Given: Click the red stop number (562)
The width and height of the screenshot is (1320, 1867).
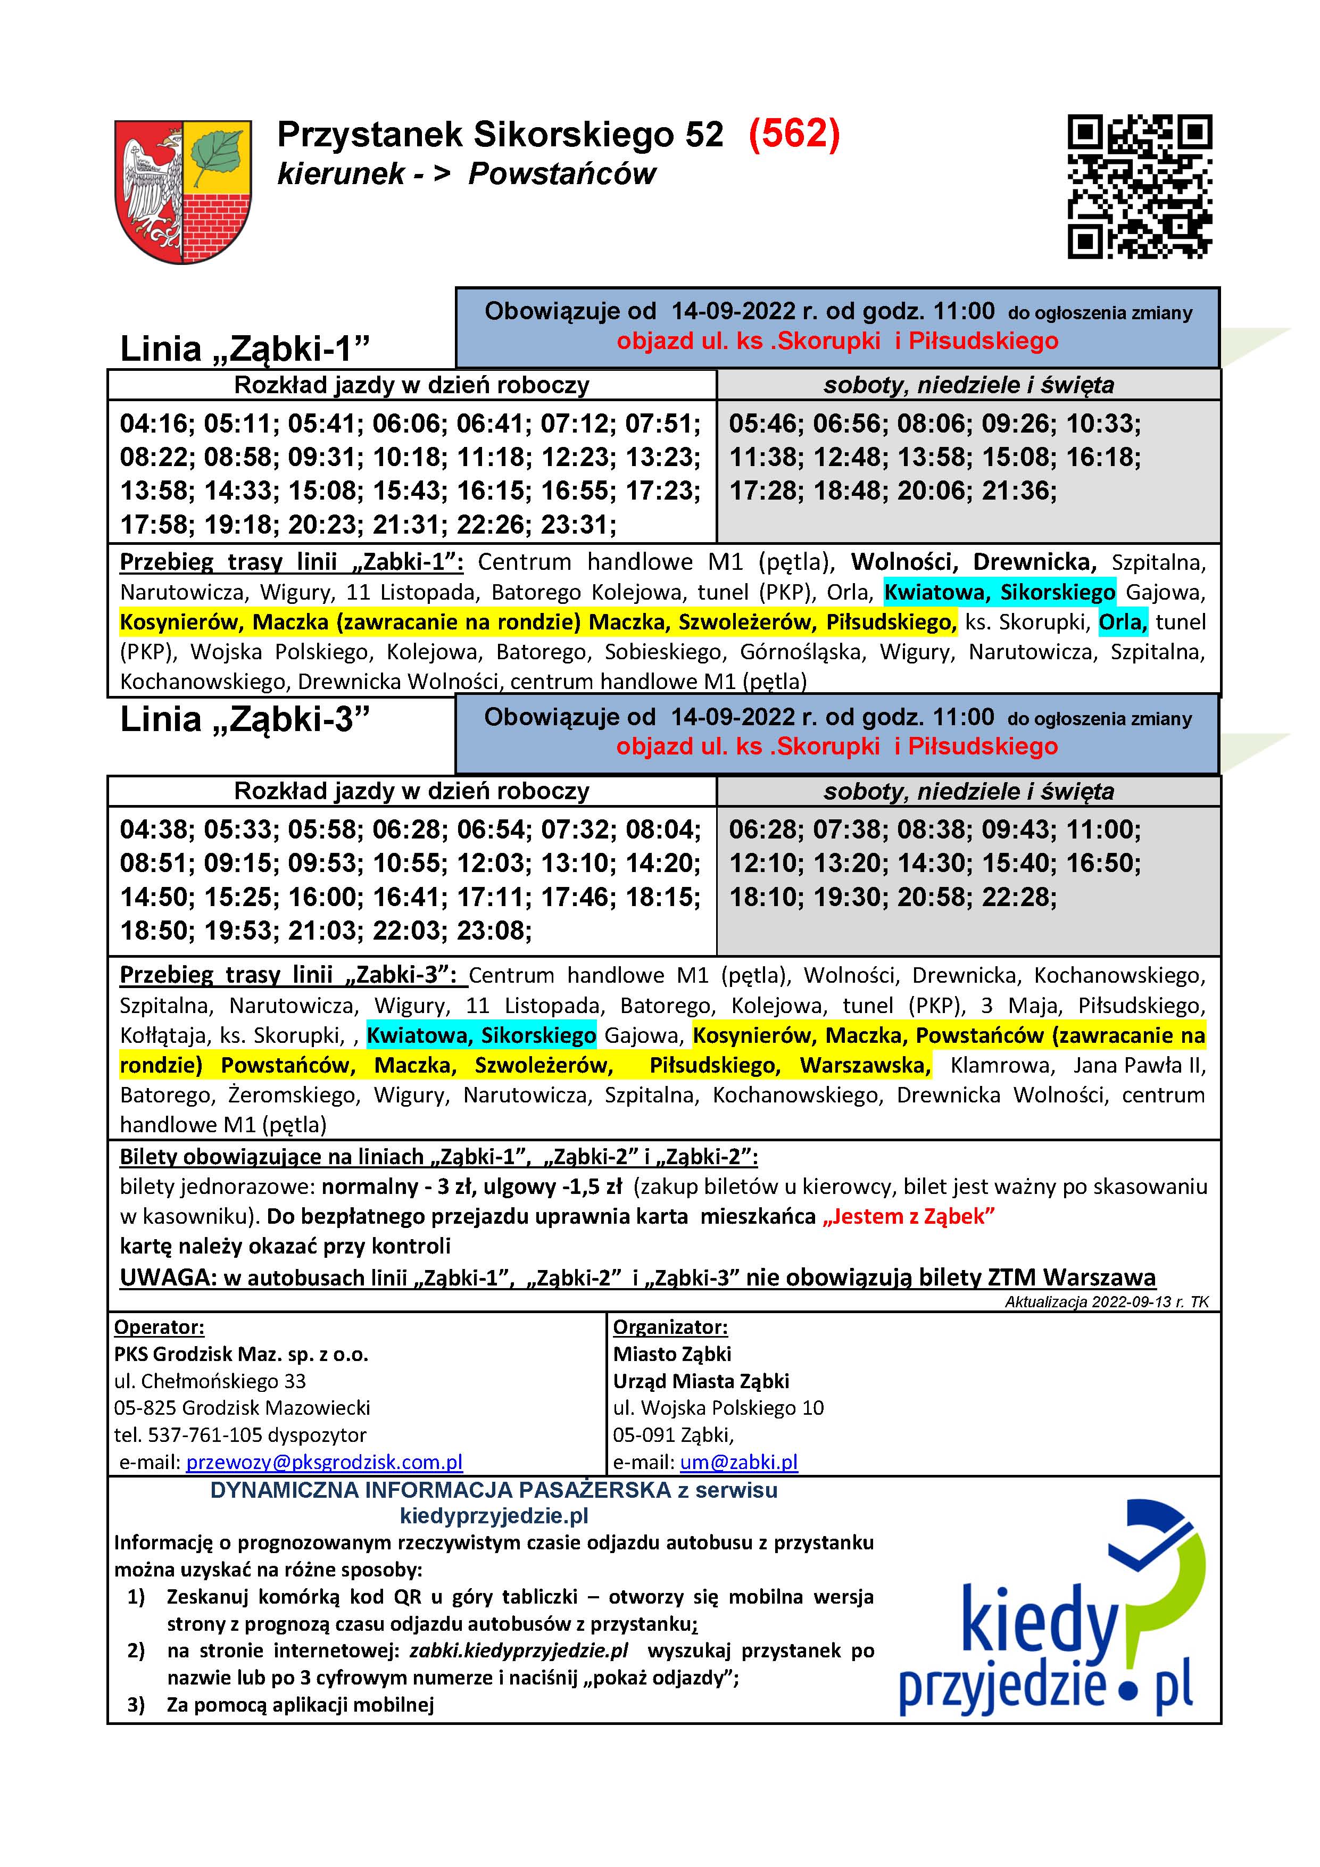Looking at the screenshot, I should (x=794, y=134).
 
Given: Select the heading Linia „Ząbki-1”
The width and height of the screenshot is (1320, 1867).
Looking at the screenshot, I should (x=245, y=349).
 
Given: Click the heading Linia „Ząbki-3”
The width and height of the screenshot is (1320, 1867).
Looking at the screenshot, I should (x=245, y=719).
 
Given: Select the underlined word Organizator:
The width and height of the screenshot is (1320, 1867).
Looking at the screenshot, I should (x=670, y=1327).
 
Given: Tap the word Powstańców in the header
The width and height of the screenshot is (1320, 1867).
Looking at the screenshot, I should (x=562, y=174).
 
